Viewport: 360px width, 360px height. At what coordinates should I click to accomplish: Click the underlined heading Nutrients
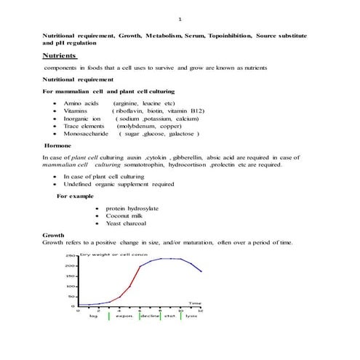[x=59, y=55]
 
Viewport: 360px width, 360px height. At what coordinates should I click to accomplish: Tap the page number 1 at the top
[x=180, y=19]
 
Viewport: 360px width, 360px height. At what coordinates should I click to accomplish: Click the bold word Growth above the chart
[x=53, y=236]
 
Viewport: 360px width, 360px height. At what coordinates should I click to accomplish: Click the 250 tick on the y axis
[x=71, y=256]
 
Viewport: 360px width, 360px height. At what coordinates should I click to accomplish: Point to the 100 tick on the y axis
[x=71, y=287]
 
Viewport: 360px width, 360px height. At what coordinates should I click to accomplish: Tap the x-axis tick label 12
[x=201, y=311]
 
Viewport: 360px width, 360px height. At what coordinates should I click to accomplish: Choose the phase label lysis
[x=191, y=316]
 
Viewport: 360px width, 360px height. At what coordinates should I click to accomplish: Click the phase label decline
[x=150, y=316]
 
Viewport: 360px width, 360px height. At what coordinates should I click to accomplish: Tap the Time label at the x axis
[x=195, y=303]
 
